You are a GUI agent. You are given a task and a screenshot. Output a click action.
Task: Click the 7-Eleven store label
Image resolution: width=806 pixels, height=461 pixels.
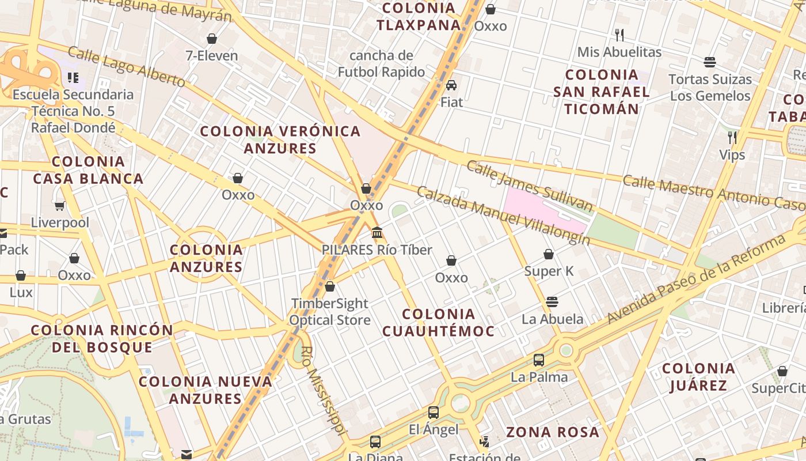[x=211, y=56]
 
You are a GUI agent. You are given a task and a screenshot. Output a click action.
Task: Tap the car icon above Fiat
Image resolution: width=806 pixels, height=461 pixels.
[x=451, y=85]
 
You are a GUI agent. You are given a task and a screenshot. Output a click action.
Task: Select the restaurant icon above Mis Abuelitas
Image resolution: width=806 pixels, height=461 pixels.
[x=619, y=35]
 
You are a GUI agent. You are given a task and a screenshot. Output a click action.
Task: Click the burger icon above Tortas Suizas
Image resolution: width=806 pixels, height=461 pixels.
[x=710, y=62]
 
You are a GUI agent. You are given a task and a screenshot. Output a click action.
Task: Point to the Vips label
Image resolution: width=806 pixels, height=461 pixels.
[x=732, y=155]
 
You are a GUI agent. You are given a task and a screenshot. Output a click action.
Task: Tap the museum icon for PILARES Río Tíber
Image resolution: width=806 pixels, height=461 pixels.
[x=377, y=233]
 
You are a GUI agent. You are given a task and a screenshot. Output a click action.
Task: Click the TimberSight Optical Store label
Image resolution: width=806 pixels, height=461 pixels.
[x=330, y=312]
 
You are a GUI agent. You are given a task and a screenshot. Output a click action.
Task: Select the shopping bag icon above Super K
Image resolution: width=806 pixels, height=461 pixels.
[x=549, y=254]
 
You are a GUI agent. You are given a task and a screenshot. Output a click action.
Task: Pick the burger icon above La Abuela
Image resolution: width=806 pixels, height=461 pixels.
[x=552, y=302]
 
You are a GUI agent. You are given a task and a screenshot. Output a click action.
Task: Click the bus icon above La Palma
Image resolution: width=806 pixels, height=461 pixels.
[x=539, y=360]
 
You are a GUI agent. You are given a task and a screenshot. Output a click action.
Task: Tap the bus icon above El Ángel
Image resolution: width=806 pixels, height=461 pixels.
[x=434, y=413]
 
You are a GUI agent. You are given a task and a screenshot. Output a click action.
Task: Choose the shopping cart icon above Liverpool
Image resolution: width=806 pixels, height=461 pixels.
[x=59, y=206]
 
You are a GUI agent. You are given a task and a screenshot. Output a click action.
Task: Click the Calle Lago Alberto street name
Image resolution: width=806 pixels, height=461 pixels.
[x=126, y=67]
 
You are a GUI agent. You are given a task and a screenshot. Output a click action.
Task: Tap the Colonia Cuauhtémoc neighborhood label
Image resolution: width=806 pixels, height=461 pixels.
[x=438, y=322]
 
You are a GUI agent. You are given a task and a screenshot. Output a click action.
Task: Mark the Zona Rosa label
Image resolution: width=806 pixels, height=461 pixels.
[x=552, y=432]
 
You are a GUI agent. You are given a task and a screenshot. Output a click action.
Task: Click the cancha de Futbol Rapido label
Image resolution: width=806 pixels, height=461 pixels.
[x=381, y=64]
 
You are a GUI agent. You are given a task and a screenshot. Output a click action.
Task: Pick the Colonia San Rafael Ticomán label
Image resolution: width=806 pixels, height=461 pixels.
[x=602, y=92]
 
